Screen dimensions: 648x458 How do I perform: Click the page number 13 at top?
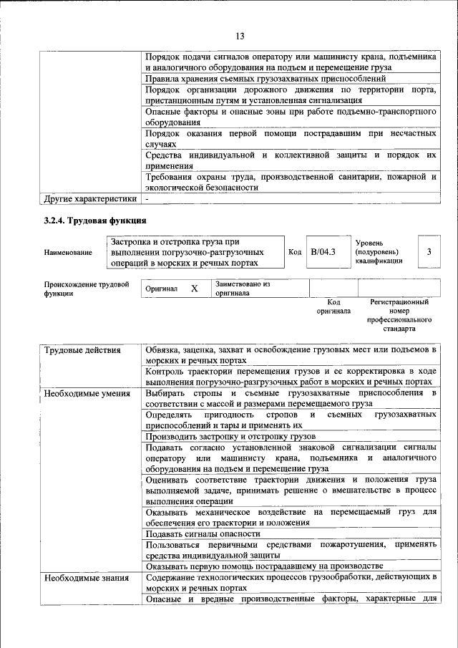pyautogui.click(x=240, y=36)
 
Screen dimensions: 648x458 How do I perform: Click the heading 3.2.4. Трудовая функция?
pyautogui.click(x=95, y=221)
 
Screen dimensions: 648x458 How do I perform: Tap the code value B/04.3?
pyautogui.click(x=323, y=252)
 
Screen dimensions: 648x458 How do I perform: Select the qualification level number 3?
pyautogui.click(x=429, y=252)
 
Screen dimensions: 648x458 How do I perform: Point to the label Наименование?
pyautogui.click(x=68, y=253)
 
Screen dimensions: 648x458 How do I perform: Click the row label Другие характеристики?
pyautogui.click(x=89, y=198)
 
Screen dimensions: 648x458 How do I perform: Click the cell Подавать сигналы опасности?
pyautogui.click(x=203, y=534)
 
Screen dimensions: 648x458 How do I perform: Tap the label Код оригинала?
pyautogui.click(x=333, y=306)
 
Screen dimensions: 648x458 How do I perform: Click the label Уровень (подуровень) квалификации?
pyautogui.click(x=379, y=252)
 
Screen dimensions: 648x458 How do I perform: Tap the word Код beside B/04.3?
pyautogui.click(x=295, y=252)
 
